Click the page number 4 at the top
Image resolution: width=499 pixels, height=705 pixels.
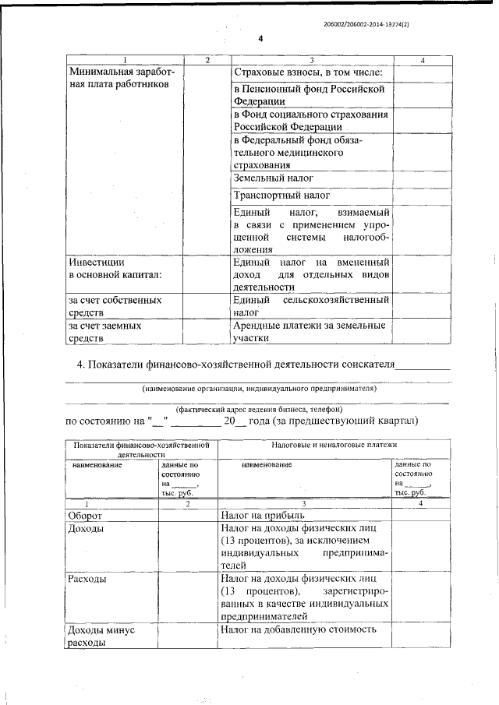260,38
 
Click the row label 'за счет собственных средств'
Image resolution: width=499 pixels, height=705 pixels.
115,305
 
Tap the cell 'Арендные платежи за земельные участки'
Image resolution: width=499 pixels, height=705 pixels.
310,332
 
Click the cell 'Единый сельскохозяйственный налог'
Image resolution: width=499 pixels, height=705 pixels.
311,305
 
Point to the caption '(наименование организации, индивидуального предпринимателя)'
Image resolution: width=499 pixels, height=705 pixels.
259,387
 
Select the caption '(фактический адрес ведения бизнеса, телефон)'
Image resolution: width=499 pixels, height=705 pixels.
259,408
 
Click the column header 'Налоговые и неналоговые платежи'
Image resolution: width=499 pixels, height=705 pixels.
334,444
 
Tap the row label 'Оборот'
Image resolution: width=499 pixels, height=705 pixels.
87,516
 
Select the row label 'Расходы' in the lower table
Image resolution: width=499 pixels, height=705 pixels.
87,580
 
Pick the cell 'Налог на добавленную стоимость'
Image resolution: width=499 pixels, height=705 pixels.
299,629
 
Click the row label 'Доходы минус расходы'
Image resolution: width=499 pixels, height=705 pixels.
102,636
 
